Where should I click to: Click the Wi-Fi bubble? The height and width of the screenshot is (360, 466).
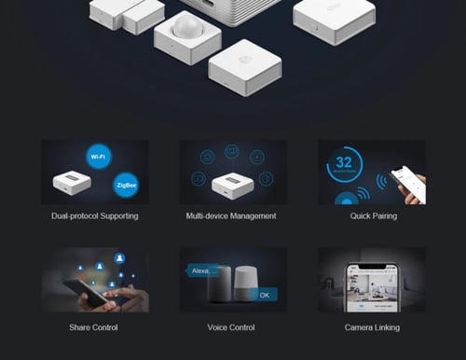pyautogui.click(x=98, y=157)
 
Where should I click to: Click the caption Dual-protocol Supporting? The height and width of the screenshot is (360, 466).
pyautogui.click(x=95, y=216)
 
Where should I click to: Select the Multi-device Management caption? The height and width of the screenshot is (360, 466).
pyautogui.click(x=231, y=216)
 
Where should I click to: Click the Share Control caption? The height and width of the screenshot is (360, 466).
pyautogui.click(x=93, y=327)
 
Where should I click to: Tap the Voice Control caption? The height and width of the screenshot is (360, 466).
pyautogui.click(x=231, y=327)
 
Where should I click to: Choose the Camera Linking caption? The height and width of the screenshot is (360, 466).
pyautogui.click(x=371, y=327)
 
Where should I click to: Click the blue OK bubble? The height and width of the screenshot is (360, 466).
pyautogui.click(x=264, y=295)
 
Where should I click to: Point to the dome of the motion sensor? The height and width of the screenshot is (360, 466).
pyautogui.click(x=187, y=24)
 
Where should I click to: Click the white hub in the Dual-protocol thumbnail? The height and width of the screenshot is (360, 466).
pyautogui.click(x=72, y=182)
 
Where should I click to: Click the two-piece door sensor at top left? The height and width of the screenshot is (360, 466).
pyautogui.click(x=126, y=13)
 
